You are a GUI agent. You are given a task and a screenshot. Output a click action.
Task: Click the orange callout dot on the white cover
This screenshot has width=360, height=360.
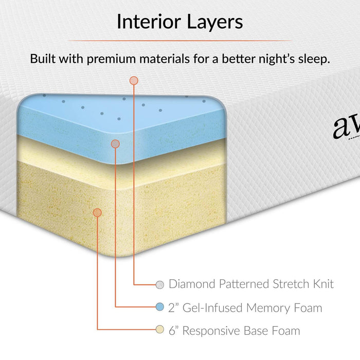[x=134, y=80]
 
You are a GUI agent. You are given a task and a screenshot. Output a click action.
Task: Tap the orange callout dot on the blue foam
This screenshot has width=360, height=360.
[x=115, y=143]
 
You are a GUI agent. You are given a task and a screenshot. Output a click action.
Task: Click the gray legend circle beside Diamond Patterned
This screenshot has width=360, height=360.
[x=160, y=284]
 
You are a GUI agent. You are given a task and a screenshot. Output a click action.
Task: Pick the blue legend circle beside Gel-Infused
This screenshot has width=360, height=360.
[x=160, y=308]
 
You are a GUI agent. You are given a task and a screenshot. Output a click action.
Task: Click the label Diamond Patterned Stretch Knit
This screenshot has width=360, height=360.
[x=251, y=284]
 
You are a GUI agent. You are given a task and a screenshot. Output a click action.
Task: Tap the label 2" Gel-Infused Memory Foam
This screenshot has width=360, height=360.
[x=245, y=308]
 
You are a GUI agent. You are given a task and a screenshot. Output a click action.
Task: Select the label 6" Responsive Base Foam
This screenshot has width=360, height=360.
[x=234, y=330]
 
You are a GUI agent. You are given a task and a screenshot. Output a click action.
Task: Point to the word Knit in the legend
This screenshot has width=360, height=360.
[x=321, y=284]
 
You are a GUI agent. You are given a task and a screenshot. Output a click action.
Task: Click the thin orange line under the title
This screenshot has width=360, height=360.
[x=179, y=41]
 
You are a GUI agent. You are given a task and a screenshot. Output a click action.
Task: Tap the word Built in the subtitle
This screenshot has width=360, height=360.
[x=43, y=59]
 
